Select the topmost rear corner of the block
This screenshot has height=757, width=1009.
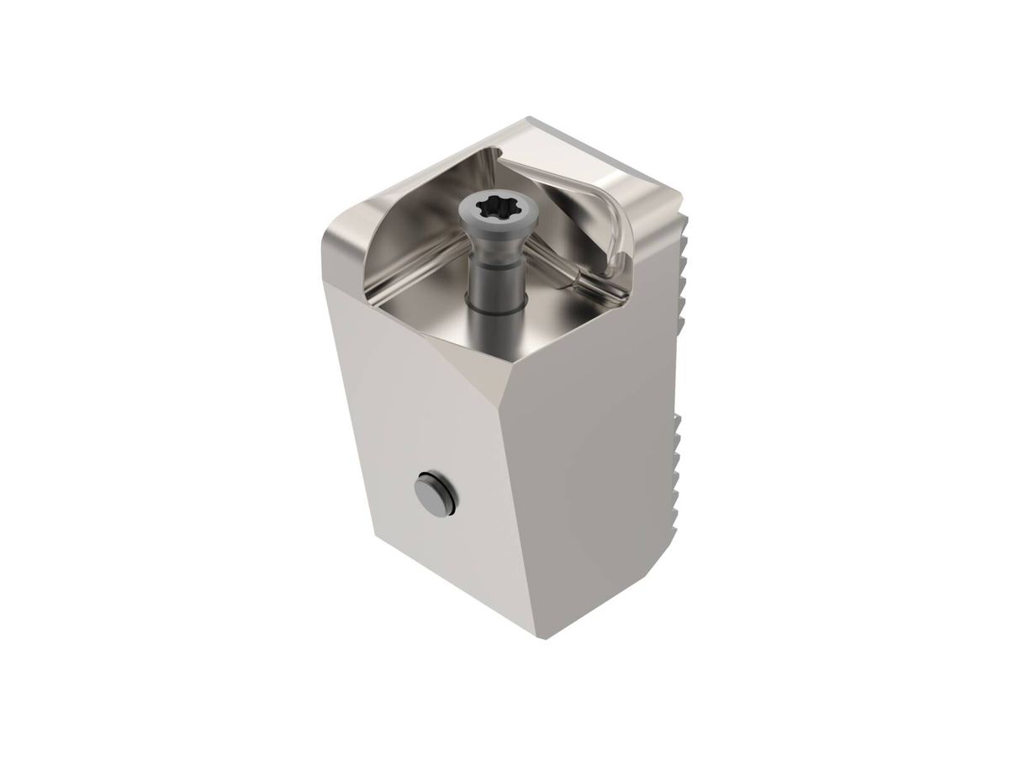530,119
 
